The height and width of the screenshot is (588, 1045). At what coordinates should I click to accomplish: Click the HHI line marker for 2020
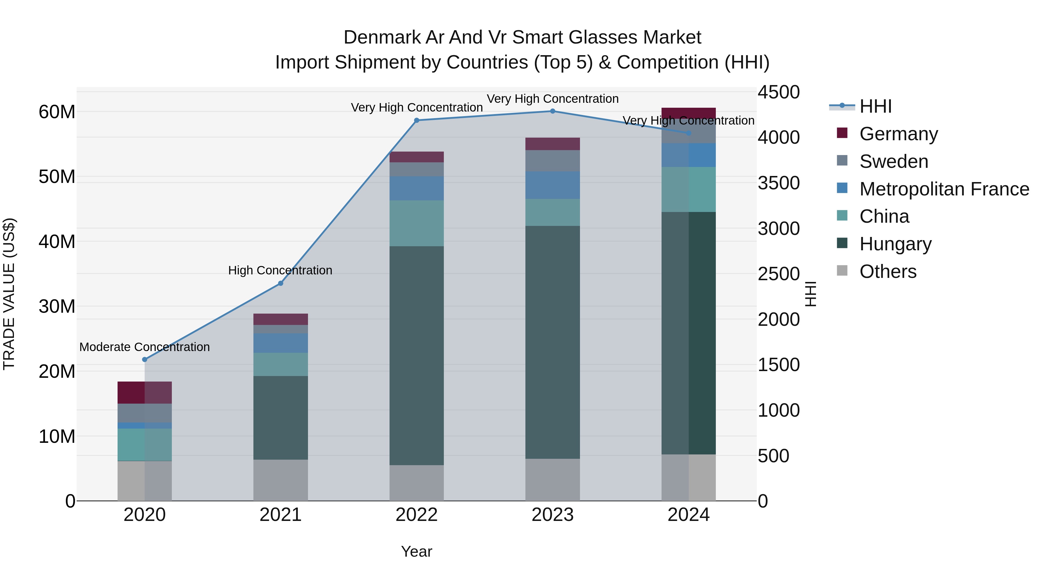(145, 359)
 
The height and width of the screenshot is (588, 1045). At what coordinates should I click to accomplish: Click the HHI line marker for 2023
(552, 111)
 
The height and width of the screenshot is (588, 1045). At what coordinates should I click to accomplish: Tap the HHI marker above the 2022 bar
(417, 121)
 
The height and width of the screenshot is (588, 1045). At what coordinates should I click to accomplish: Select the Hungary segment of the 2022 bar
(417, 355)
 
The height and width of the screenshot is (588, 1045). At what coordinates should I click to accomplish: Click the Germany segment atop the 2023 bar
(552, 144)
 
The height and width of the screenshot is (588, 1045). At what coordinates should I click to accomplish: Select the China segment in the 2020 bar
(145, 445)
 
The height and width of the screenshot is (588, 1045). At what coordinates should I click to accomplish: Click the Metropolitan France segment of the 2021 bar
(280, 343)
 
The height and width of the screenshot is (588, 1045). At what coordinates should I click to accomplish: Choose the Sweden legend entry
(894, 161)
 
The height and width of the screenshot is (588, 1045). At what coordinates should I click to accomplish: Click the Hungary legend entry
(895, 244)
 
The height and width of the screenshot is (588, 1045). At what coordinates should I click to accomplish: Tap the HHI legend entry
(875, 106)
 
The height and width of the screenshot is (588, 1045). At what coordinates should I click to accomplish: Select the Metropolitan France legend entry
(944, 189)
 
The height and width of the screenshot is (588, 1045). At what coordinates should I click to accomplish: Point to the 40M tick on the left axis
(57, 242)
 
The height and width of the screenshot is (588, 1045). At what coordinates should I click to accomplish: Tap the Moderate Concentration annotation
(145, 347)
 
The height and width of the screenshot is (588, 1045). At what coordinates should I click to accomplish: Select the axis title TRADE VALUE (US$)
(9, 294)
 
